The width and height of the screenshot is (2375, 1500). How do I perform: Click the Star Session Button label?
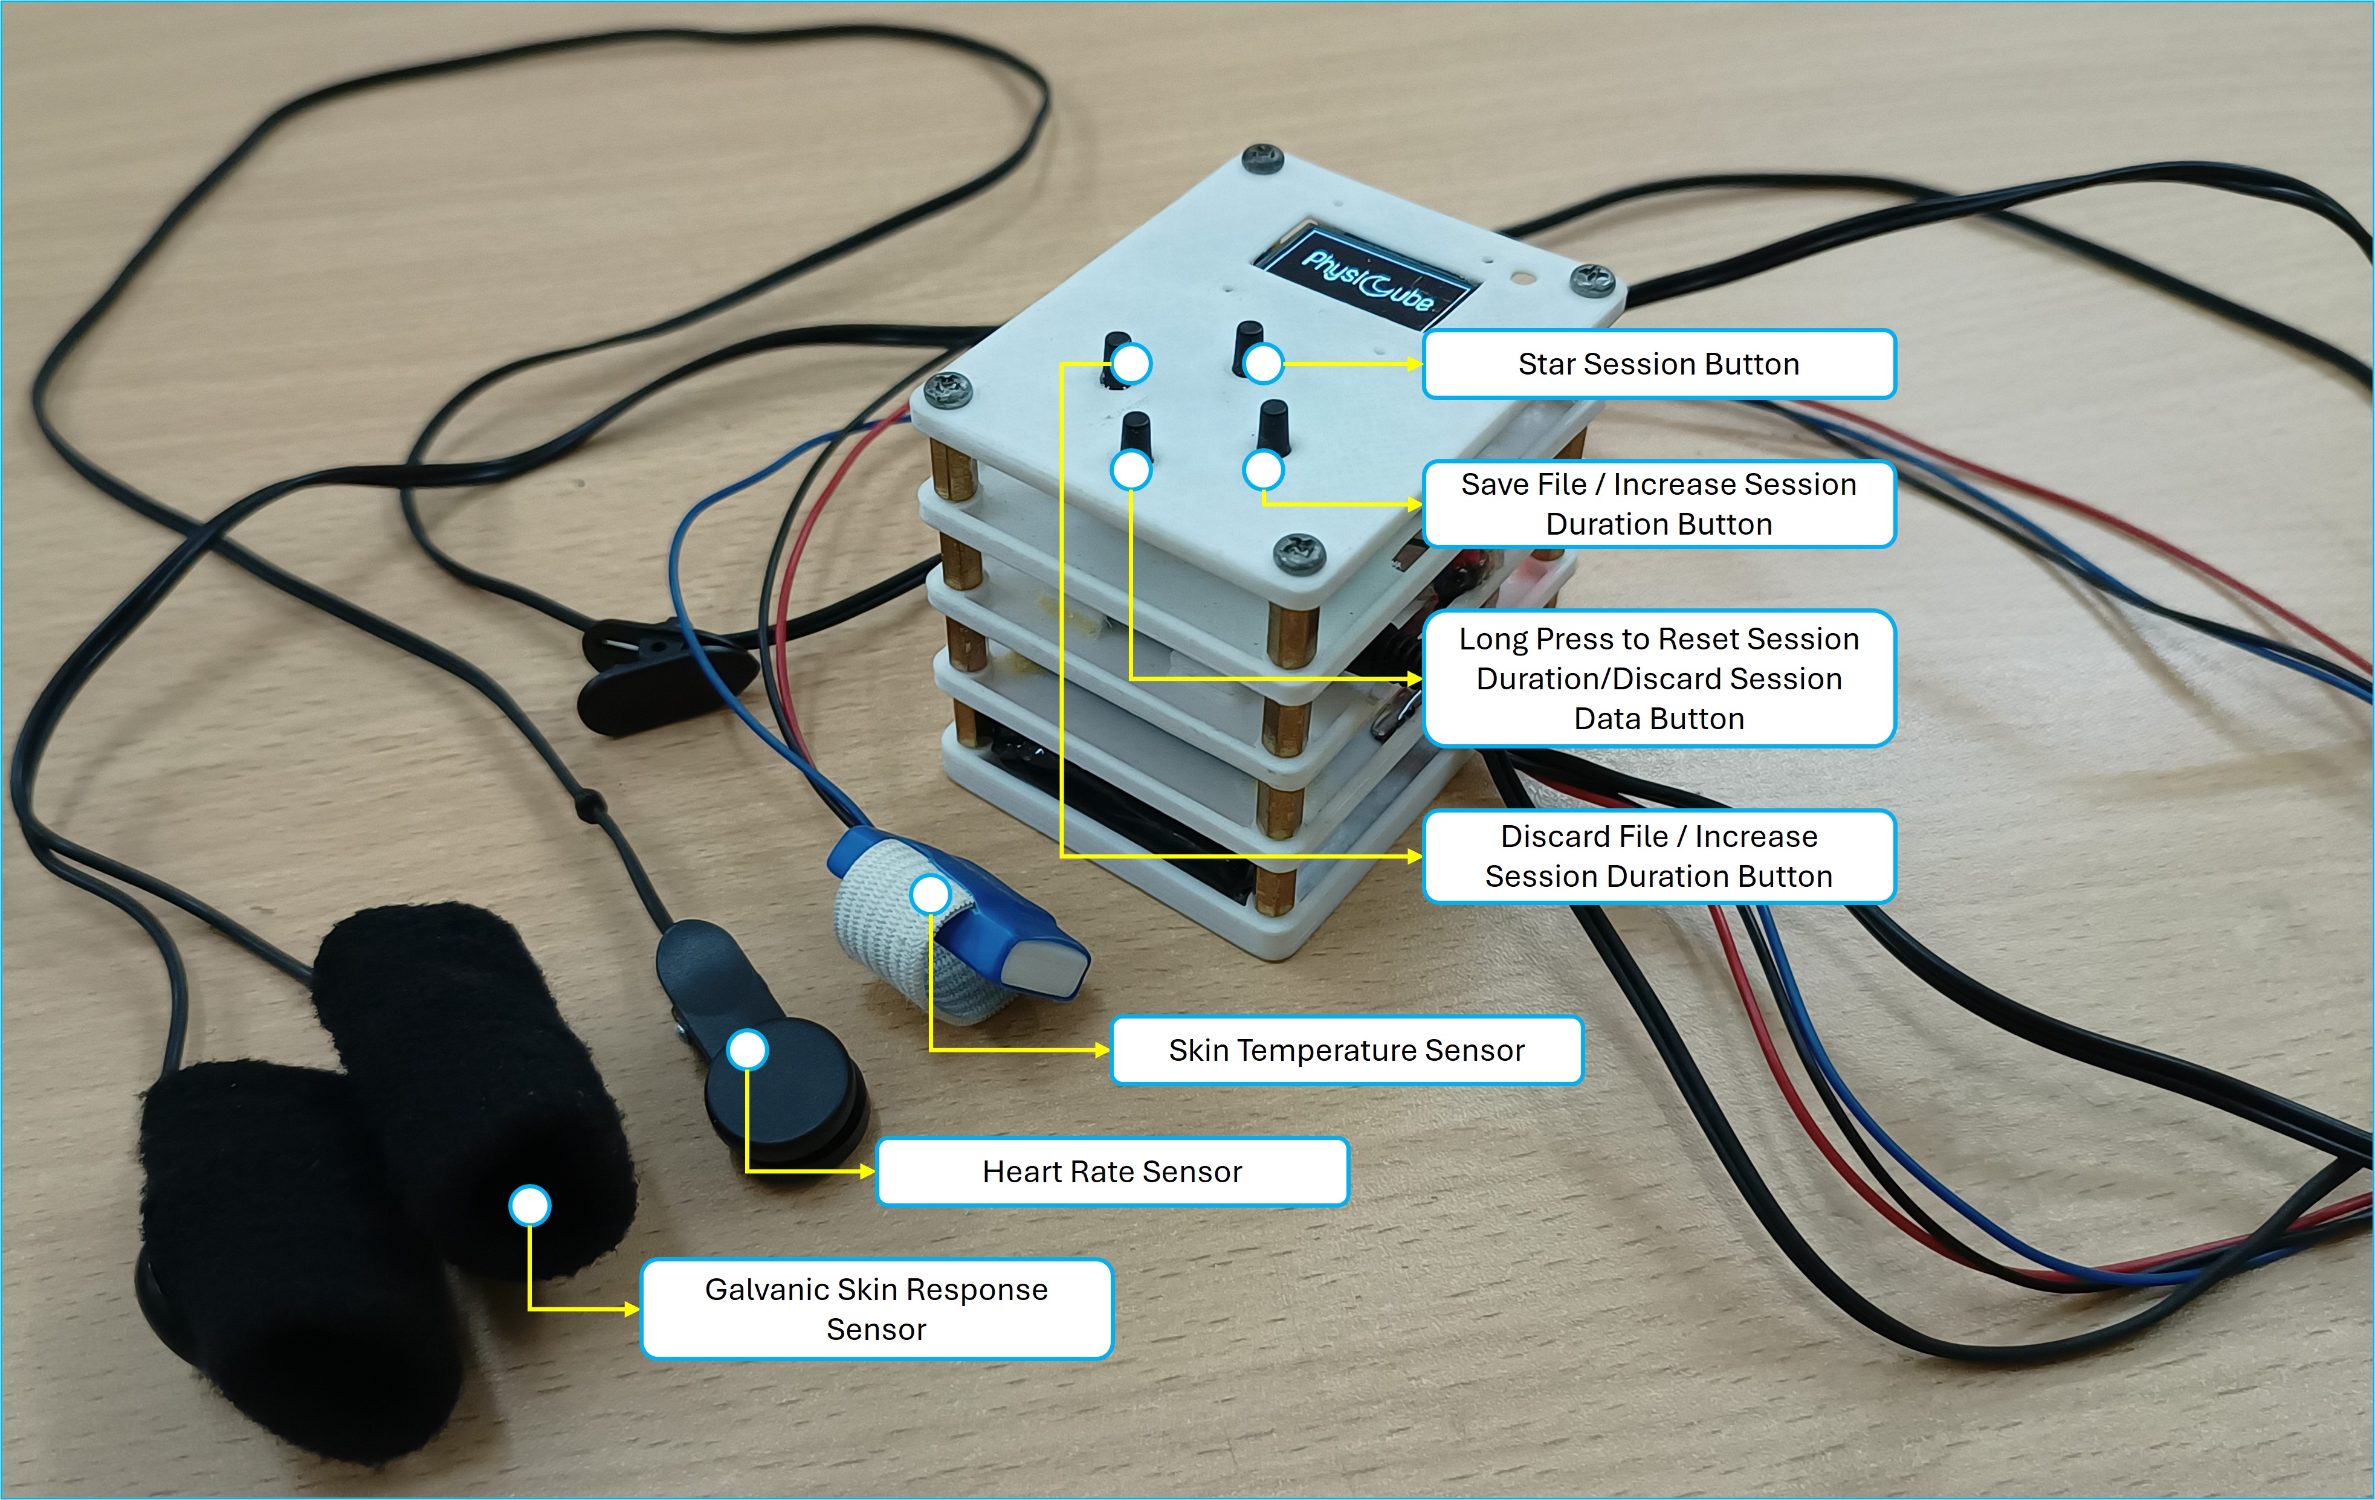(x=1658, y=364)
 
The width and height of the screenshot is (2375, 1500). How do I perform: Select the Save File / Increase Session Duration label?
(x=1658, y=504)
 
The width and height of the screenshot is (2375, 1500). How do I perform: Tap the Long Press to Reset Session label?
(x=1658, y=678)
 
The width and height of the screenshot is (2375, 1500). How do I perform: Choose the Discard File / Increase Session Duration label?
(x=1658, y=856)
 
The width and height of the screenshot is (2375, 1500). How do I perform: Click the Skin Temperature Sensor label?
(x=1346, y=1051)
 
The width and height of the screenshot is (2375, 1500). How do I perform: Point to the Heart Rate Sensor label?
(x=1111, y=1171)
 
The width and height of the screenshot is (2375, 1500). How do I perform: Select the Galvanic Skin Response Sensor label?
(x=876, y=1308)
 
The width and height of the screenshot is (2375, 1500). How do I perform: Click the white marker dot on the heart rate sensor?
(x=748, y=1049)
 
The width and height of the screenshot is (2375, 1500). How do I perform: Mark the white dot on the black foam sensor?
(x=529, y=1205)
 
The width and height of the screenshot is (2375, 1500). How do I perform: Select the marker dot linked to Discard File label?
(x=1131, y=363)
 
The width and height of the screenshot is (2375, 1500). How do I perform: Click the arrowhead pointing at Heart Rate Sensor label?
(x=868, y=1171)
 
